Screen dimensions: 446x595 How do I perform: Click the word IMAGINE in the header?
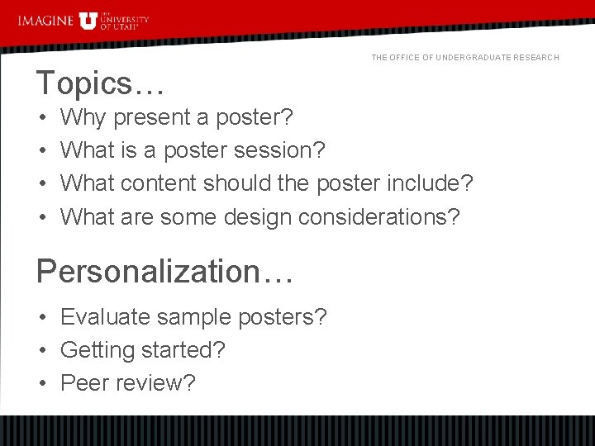45,20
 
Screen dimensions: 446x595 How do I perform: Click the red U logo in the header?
88,21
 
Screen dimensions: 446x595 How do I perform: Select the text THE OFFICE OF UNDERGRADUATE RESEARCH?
465,57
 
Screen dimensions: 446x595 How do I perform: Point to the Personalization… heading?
164,270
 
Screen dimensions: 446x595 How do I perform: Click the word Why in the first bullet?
84,118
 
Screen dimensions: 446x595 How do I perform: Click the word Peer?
83,383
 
